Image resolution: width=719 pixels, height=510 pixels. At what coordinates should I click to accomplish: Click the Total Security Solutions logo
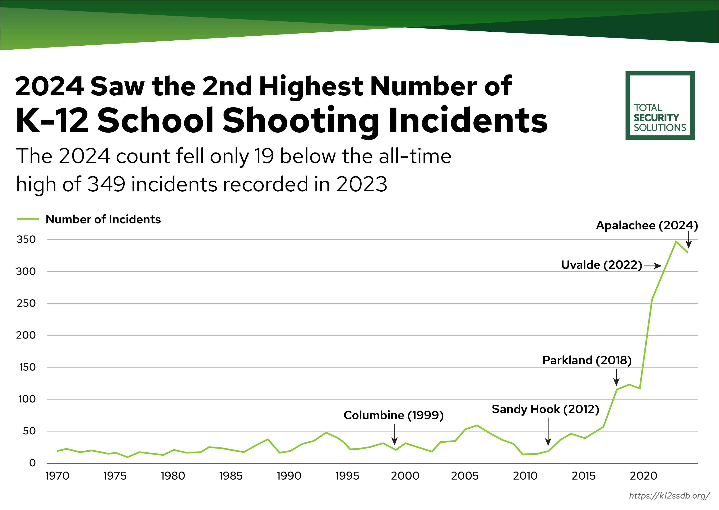[x=660, y=106]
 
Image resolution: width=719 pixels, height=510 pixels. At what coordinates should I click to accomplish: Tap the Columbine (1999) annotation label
[x=393, y=415]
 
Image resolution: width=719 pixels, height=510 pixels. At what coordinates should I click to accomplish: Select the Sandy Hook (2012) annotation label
[x=545, y=409]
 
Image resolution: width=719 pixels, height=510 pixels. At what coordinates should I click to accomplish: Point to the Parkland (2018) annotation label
[x=587, y=360]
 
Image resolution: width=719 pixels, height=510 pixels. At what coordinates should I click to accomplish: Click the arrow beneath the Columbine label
[x=395, y=435]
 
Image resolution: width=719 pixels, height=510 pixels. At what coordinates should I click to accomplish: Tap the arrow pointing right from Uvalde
[x=653, y=266]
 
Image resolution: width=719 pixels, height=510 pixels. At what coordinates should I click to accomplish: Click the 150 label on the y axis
[x=27, y=367]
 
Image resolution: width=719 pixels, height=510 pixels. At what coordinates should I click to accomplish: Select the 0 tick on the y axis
[x=32, y=463]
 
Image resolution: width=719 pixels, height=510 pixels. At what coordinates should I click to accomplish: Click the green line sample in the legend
[x=28, y=219]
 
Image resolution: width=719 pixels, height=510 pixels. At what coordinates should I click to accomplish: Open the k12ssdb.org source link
[x=669, y=496]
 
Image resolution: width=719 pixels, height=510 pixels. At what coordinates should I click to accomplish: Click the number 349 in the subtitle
[x=106, y=184]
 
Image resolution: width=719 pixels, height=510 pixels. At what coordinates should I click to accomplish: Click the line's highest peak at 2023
[x=676, y=241]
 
